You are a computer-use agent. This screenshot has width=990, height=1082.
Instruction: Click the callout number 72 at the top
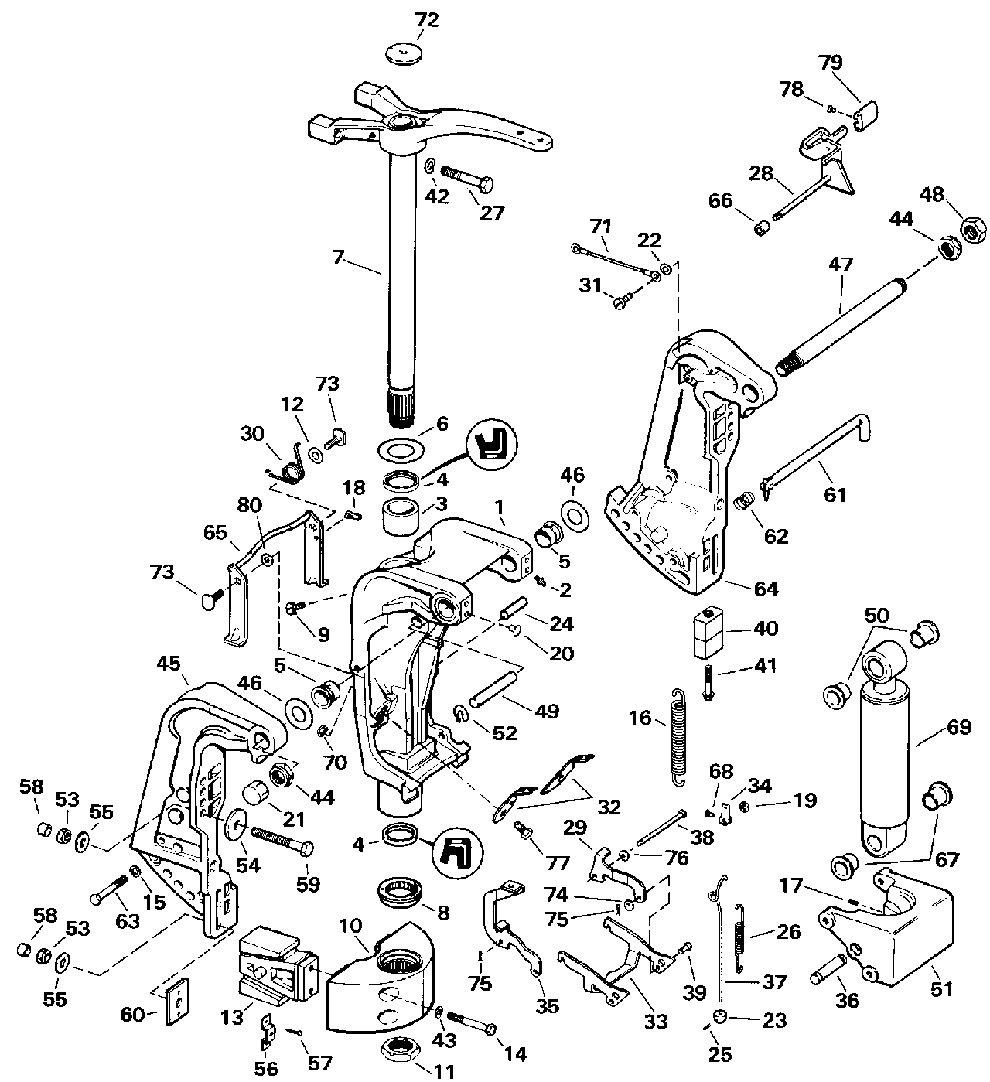pyautogui.click(x=427, y=21)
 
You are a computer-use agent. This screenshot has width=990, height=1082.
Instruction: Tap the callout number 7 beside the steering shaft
pyautogui.click(x=338, y=258)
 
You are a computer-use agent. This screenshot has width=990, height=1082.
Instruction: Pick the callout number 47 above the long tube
pyautogui.click(x=840, y=265)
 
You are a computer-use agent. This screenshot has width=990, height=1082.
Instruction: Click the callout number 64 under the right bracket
pyautogui.click(x=766, y=589)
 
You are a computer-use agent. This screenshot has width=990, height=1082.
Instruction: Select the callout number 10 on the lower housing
pyautogui.click(x=350, y=926)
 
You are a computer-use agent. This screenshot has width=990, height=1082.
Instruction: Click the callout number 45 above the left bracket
pyautogui.click(x=169, y=664)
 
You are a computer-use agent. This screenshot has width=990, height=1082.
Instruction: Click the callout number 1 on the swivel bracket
pyautogui.click(x=499, y=507)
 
